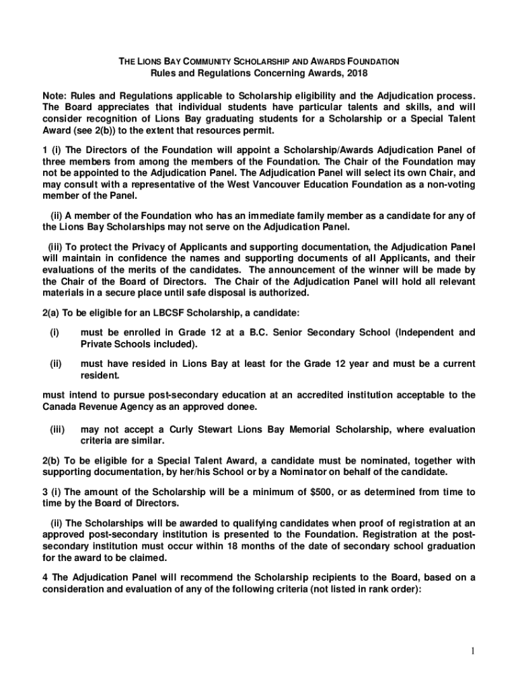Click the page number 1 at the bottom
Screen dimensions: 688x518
472,650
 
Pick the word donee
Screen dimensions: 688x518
244,407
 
